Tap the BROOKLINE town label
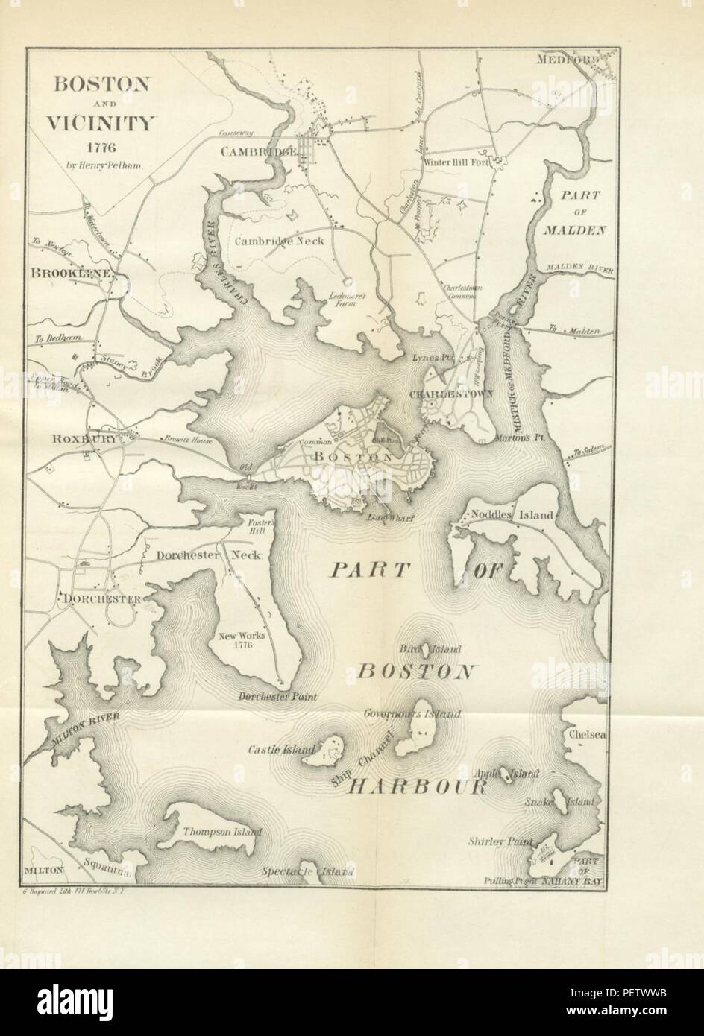point(72,274)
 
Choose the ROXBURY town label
point(84,440)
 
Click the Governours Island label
point(412,713)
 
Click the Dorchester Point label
point(277,697)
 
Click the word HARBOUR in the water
point(418,787)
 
